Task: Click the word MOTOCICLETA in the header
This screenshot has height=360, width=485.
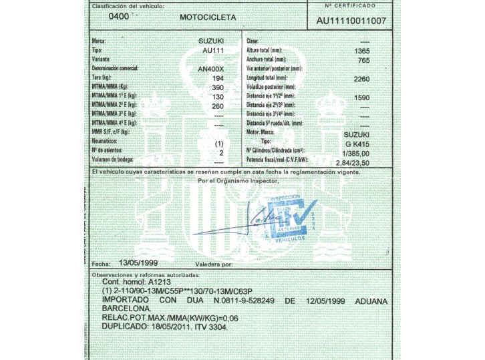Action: pos(208,17)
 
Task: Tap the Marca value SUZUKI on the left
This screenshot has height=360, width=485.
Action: pos(211,41)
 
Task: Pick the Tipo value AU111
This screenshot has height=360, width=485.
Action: pos(212,50)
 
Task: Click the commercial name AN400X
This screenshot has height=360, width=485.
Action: pos(212,69)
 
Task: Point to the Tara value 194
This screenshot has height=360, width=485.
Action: pos(218,78)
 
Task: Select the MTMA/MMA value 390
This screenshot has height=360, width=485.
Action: pos(218,87)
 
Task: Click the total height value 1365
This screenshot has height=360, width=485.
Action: pos(361,51)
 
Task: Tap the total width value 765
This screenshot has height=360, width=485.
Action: pos(364,60)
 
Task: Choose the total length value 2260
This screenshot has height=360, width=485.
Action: pos(361,79)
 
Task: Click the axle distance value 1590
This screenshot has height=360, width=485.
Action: pos(361,98)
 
